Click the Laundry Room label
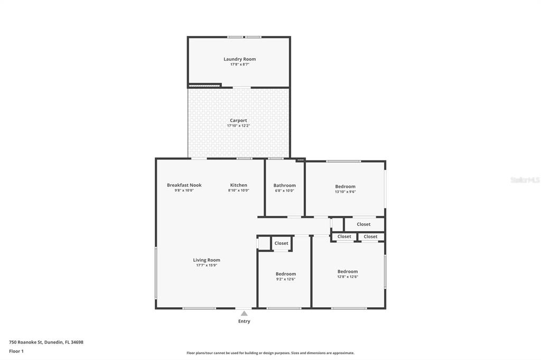(239, 59)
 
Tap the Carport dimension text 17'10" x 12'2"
(238, 126)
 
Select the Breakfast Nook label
(184, 185)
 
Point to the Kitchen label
(238, 185)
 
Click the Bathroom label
(285, 185)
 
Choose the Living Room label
(207, 260)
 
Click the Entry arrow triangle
(244, 314)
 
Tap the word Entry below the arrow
(244, 321)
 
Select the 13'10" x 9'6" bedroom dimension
(345, 192)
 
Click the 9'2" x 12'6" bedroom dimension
(286, 279)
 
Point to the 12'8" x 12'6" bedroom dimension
(348, 277)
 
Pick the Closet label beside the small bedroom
(281, 243)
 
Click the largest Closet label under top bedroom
(363, 224)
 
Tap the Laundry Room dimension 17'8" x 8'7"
(239, 64)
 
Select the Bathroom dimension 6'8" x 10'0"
(285, 191)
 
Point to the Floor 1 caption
(16, 352)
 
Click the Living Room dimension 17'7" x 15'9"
(207, 266)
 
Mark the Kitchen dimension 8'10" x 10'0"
(238, 191)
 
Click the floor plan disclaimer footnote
(270, 353)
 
